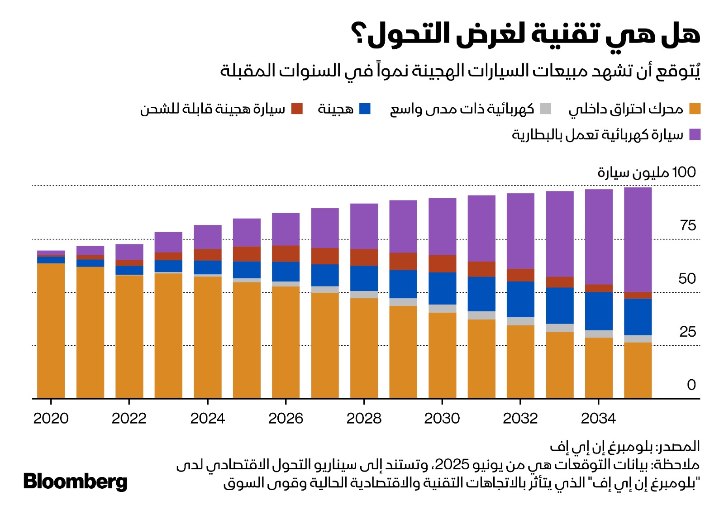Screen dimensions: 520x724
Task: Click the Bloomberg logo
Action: click(x=75, y=482)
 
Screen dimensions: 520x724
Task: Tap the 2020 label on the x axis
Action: click(x=51, y=419)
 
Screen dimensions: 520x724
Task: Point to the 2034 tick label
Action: click(x=598, y=419)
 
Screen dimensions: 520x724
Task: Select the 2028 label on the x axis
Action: click(x=364, y=419)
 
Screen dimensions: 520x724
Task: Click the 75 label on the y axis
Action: click(x=688, y=225)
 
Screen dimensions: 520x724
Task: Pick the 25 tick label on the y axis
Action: click(x=688, y=332)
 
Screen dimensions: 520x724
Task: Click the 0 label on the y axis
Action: click(x=691, y=385)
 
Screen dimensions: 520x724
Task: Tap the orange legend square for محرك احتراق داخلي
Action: click(x=695, y=109)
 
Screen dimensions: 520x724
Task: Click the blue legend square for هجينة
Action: click(x=365, y=109)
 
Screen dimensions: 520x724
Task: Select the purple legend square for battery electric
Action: click(x=695, y=134)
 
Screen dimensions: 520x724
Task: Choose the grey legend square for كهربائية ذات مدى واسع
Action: click(x=546, y=109)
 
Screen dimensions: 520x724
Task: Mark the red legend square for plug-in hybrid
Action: click(x=297, y=109)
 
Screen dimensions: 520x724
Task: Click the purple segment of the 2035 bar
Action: click(x=638, y=240)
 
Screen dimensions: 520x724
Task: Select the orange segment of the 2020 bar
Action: click(x=51, y=330)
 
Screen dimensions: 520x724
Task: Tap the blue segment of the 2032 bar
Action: click(x=520, y=299)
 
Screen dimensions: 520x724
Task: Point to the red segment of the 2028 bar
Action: click(x=364, y=257)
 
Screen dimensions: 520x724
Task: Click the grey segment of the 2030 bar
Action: click(x=442, y=309)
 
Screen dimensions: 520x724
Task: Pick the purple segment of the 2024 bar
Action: click(x=208, y=237)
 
